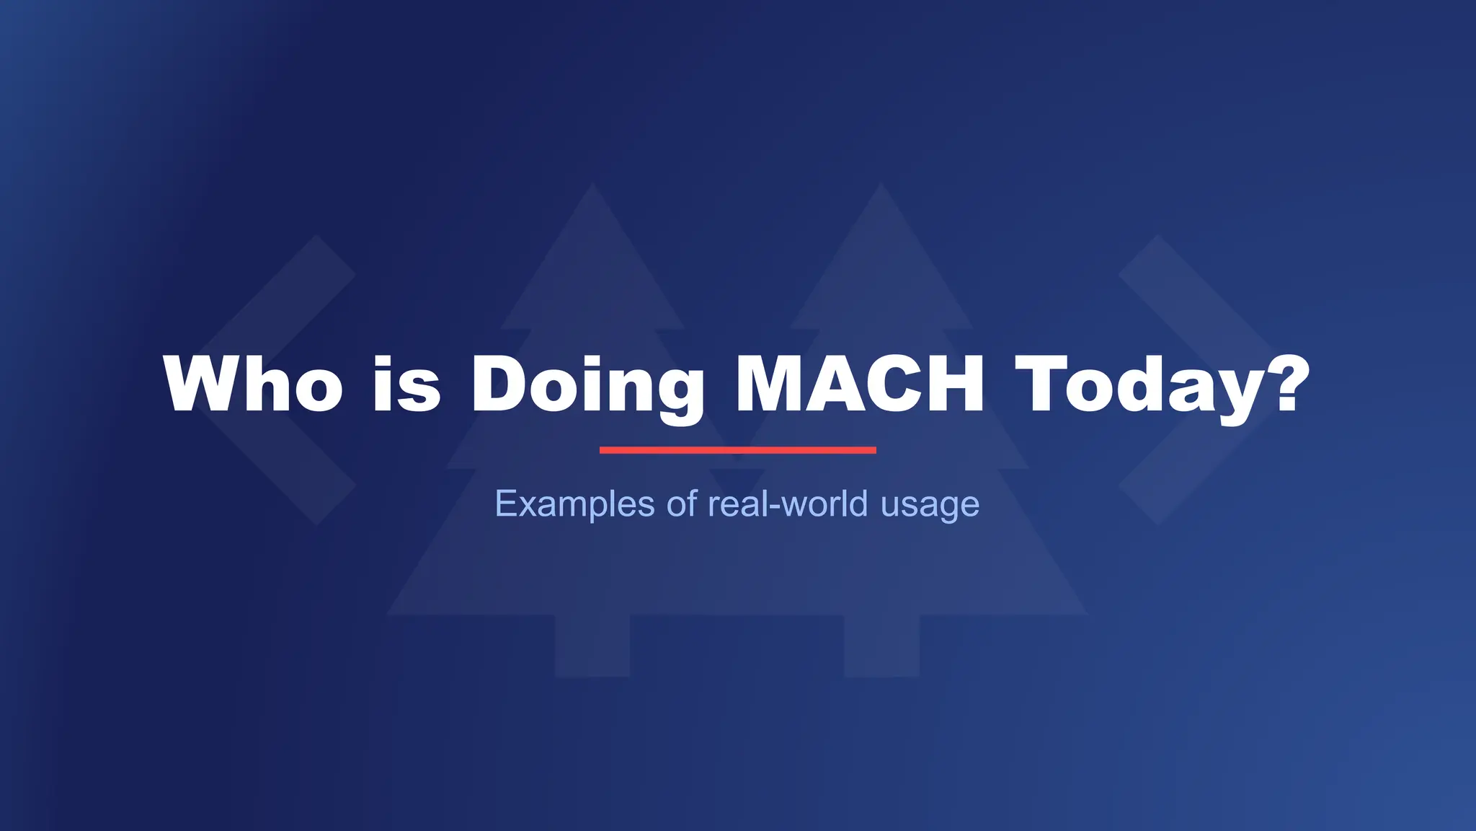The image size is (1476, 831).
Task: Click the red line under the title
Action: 737,450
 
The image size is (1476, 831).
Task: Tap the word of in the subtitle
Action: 682,503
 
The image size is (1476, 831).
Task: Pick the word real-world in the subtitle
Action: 788,503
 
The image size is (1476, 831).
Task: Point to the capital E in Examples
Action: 507,503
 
